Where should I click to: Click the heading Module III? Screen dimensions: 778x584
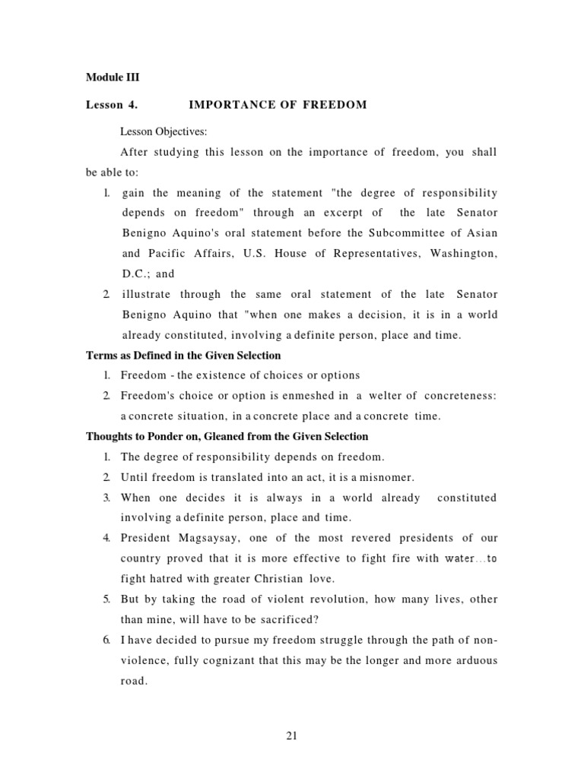[x=112, y=77]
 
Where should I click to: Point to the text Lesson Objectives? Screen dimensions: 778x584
[x=163, y=131]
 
